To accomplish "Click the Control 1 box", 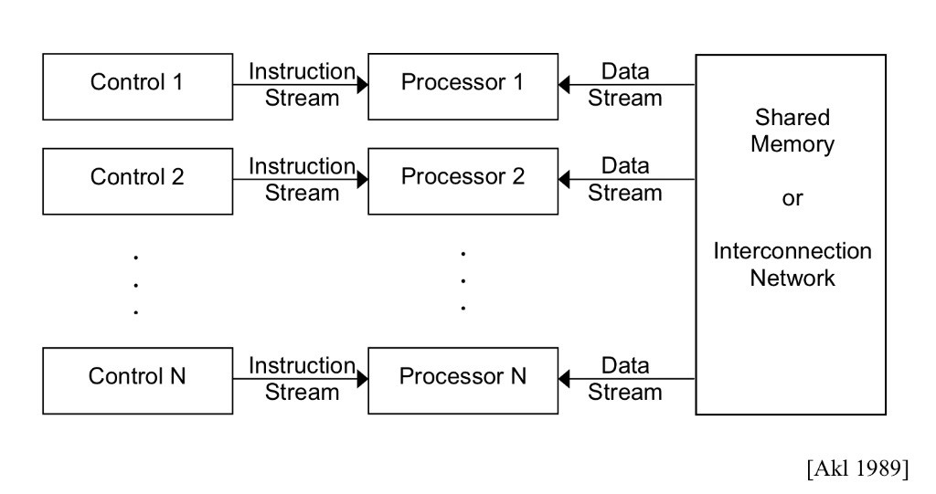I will (137, 86).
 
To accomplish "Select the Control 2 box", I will (137, 181).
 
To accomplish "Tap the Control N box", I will (137, 380).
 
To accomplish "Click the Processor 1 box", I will (463, 86).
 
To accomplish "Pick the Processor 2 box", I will (463, 181).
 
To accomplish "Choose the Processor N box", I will (463, 380).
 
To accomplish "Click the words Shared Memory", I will (792, 131).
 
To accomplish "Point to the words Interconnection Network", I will (792, 265).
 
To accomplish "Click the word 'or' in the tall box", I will (792, 198).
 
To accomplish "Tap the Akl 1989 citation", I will (856, 468).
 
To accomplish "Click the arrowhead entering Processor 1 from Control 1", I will (362, 85).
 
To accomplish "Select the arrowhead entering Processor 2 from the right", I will (564, 180).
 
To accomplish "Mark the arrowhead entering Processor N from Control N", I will (362, 379).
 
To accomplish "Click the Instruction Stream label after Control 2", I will (302, 180).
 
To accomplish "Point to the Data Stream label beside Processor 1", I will (625, 85).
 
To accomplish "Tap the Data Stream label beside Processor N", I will (625, 379).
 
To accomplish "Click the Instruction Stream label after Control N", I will (302, 379).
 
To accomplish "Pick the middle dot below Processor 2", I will (463, 280).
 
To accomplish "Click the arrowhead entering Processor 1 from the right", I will (564, 85).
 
